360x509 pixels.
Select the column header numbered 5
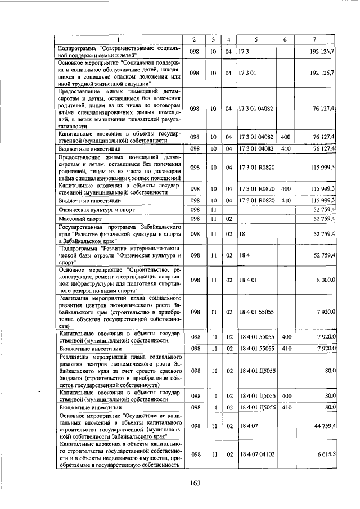(x=256, y=39)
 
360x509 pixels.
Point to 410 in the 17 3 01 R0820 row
(x=285, y=200)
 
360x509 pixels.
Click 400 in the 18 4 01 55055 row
(x=285, y=336)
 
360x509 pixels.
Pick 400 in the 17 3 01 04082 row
(x=285, y=136)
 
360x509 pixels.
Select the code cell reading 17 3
(x=244, y=52)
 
